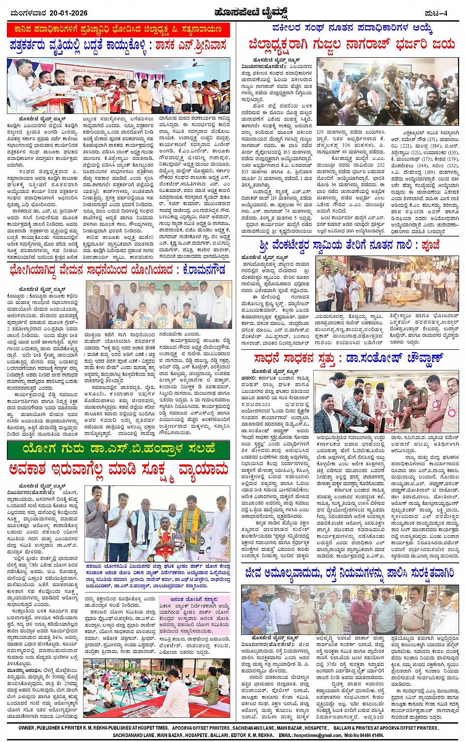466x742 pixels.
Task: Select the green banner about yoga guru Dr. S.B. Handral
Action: click(118, 449)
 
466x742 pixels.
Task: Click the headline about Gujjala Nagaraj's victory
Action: click(352, 44)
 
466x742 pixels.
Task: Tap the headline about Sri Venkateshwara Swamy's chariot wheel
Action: click(349, 245)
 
